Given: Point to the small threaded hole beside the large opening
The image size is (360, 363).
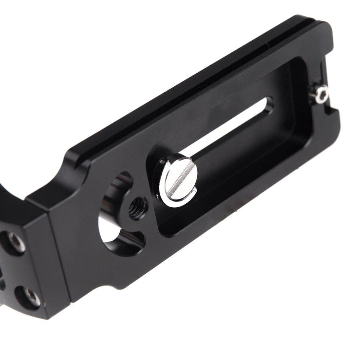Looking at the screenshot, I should click(138, 208).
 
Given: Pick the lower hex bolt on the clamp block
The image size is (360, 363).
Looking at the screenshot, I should click(31, 296).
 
